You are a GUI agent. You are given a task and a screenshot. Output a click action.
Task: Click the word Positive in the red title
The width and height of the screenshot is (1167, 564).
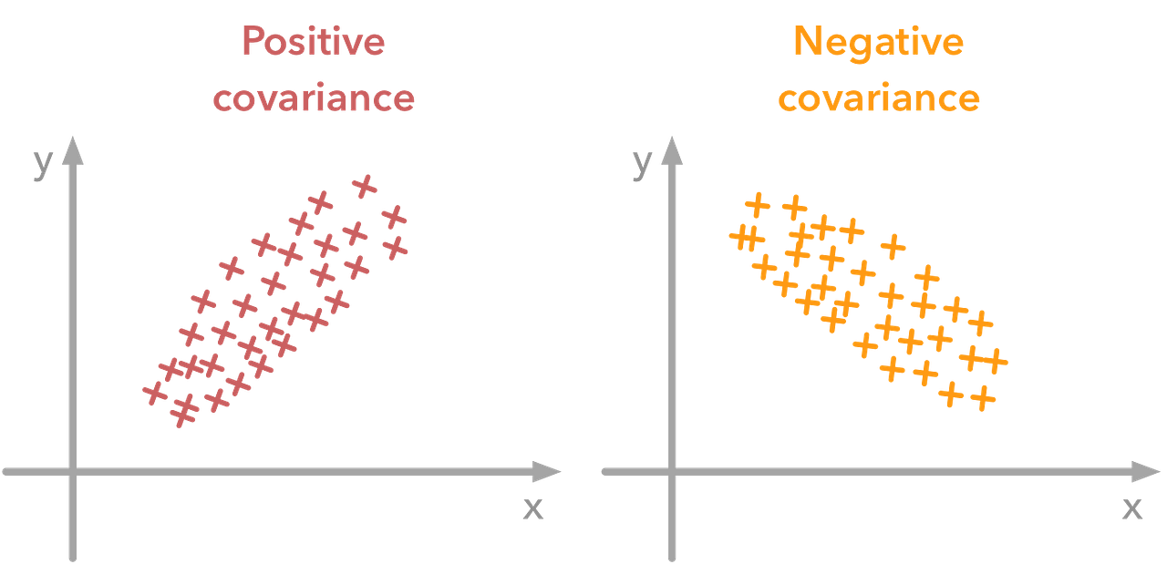pyautogui.click(x=313, y=42)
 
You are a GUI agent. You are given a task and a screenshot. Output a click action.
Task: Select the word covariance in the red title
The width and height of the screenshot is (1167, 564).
pyautogui.click(x=313, y=98)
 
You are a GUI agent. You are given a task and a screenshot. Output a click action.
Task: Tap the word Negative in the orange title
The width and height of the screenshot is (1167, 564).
pyautogui.click(x=878, y=42)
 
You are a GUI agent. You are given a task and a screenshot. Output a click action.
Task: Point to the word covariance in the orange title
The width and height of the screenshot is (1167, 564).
pyautogui.click(x=878, y=98)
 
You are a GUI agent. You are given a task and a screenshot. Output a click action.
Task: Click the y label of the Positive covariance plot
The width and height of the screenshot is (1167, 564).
pyautogui.click(x=42, y=162)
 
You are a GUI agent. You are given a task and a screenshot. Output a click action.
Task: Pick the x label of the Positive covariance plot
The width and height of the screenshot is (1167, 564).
pyautogui.click(x=532, y=508)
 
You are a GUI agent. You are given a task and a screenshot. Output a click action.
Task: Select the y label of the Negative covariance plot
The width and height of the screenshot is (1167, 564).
pyautogui.click(x=643, y=162)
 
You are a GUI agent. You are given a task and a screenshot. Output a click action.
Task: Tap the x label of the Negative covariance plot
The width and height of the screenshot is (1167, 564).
pyautogui.click(x=1131, y=508)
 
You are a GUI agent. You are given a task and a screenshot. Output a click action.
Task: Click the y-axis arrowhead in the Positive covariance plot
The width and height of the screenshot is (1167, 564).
pyautogui.click(x=72, y=149)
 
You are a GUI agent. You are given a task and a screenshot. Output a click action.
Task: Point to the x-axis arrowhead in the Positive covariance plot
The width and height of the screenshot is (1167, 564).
pyautogui.click(x=547, y=471)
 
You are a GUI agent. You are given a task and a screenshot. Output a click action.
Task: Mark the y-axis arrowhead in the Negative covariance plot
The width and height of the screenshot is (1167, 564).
pyautogui.click(x=673, y=149)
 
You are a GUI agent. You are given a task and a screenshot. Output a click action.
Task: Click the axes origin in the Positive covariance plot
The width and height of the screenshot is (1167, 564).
pyautogui.click(x=72, y=471)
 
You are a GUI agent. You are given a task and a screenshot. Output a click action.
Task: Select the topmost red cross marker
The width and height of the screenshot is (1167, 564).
pyautogui.click(x=365, y=186)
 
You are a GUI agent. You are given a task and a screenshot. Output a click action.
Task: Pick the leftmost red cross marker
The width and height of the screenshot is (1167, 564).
pyautogui.click(x=155, y=392)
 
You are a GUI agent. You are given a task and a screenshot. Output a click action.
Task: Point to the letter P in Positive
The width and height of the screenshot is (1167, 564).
pyautogui.click(x=253, y=42)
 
